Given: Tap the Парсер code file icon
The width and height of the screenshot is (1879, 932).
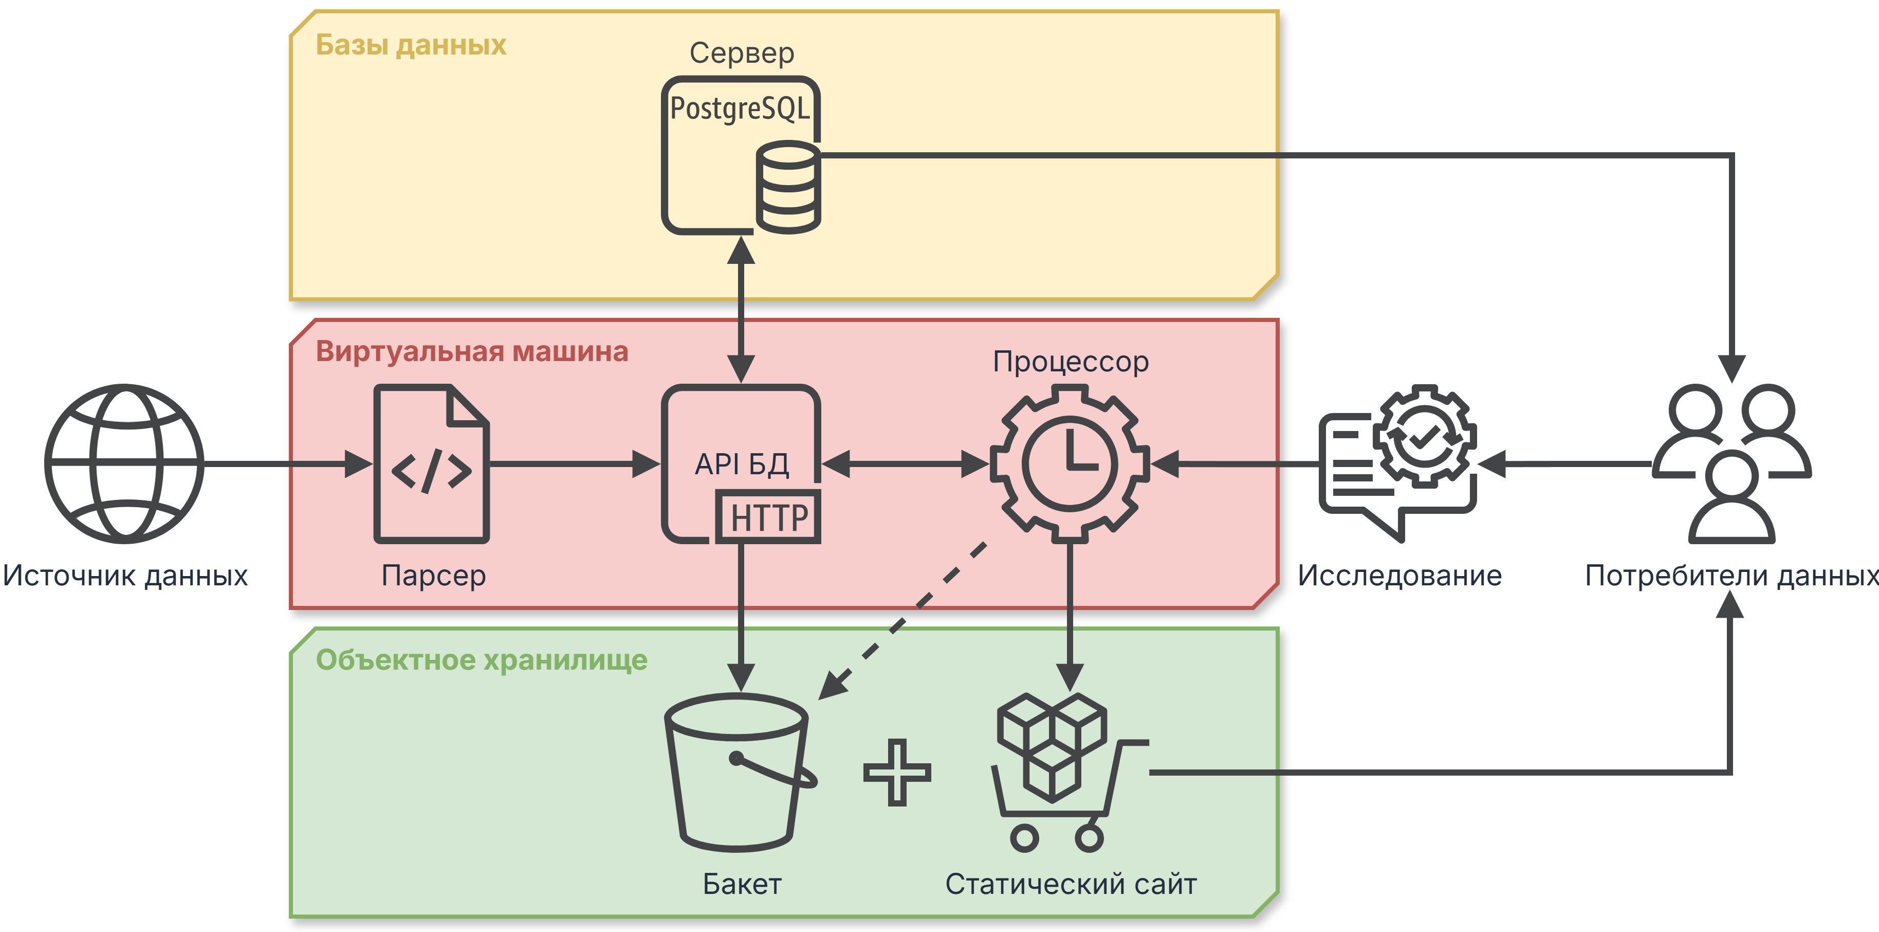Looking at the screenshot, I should [x=431, y=464].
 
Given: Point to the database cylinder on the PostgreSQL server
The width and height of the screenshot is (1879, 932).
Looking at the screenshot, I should [x=788, y=188].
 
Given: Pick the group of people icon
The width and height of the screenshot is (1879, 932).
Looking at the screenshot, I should [x=1731, y=463].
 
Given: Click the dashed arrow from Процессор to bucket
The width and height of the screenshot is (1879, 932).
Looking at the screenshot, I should [x=905, y=620].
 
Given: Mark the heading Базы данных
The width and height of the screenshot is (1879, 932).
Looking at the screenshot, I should [x=411, y=45].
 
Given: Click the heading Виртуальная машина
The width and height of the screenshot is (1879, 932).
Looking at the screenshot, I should [x=472, y=352].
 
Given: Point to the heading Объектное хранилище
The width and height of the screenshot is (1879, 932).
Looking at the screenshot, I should [x=482, y=660].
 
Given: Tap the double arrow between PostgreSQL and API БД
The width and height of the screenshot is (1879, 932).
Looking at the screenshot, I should [x=741, y=310].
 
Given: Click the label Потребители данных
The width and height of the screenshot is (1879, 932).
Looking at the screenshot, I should [x=1731, y=576].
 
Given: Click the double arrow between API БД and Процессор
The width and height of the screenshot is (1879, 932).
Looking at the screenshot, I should [x=905, y=463].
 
